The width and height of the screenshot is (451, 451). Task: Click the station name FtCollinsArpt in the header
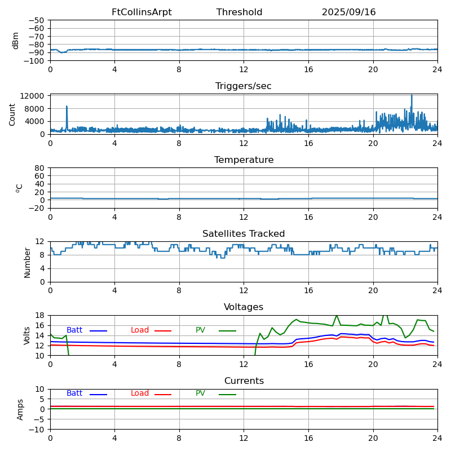pos(142,12)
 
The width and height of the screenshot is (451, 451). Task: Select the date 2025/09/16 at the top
pos(348,12)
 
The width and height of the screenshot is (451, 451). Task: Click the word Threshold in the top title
pos(239,12)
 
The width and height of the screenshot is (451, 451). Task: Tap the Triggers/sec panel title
pos(244,86)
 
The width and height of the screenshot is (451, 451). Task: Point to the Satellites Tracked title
pos(244,234)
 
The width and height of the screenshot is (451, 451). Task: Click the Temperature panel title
pos(244,160)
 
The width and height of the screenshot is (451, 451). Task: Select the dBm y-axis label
pos(16,40)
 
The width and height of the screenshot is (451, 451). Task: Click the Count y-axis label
pos(12,114)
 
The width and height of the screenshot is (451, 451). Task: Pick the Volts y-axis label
pos(27,335)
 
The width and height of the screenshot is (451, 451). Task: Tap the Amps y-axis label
pos(20,409)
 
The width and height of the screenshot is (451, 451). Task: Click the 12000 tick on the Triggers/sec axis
pos(33,96)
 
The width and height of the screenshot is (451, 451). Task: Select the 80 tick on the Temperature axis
pos(39,168)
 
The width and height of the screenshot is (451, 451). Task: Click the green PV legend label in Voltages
pos(200,330)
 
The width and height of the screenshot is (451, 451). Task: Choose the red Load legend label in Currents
pos(140,393)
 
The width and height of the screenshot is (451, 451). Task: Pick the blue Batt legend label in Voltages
pos(74,330)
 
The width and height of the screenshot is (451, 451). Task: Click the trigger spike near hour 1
pos(67,107)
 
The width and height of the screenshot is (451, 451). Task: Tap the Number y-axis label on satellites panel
pos(27,262)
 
